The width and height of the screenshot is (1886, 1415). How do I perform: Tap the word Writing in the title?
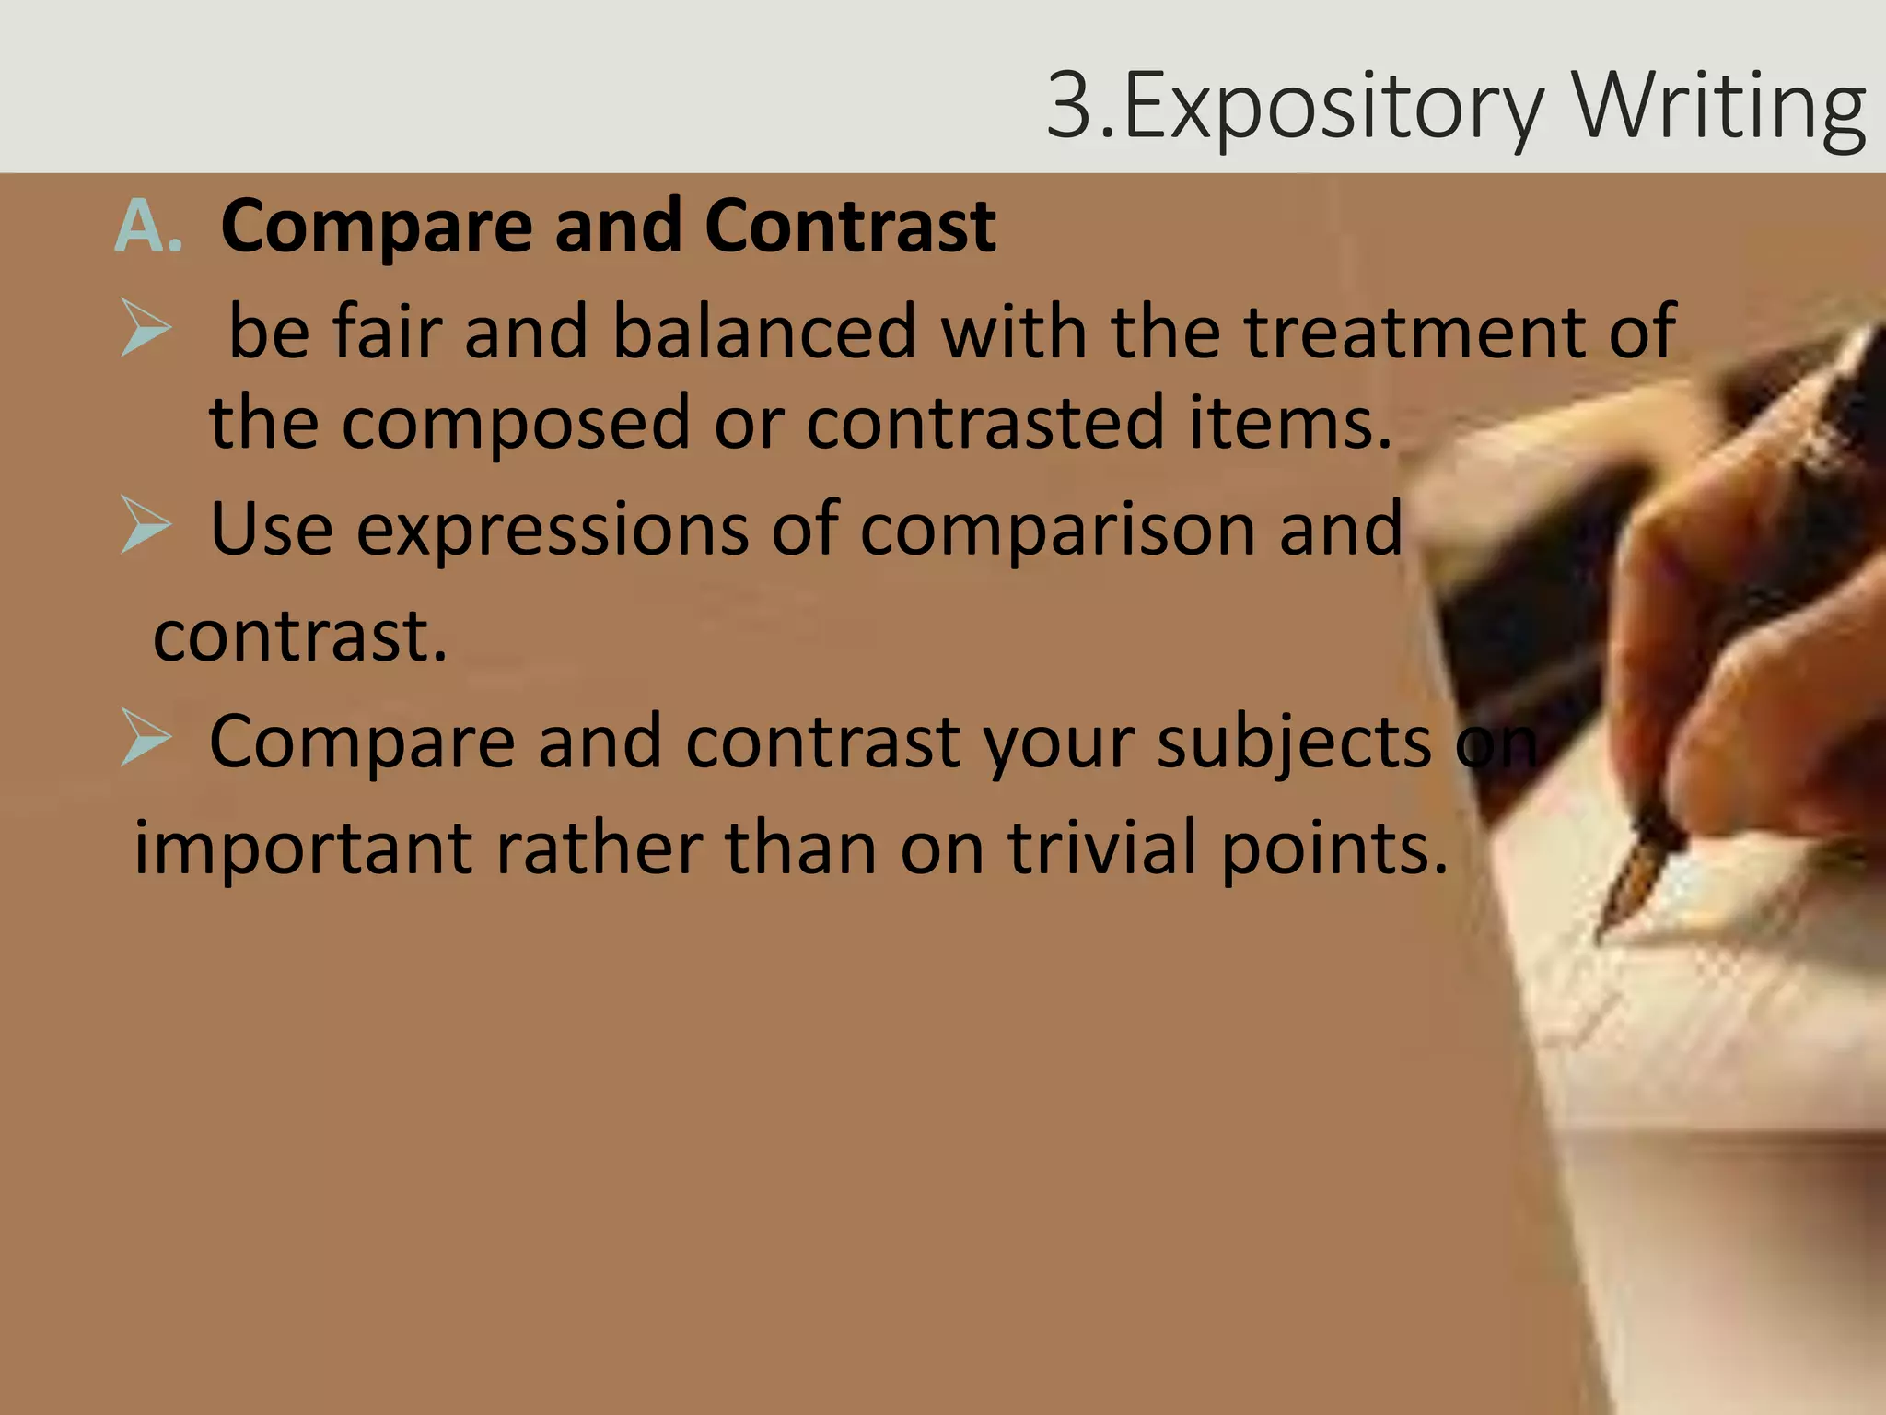tap(1719, 108)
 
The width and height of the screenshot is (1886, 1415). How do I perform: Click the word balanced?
tap(764, 332)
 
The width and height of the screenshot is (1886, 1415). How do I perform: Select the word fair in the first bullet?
tap(388, 332)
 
